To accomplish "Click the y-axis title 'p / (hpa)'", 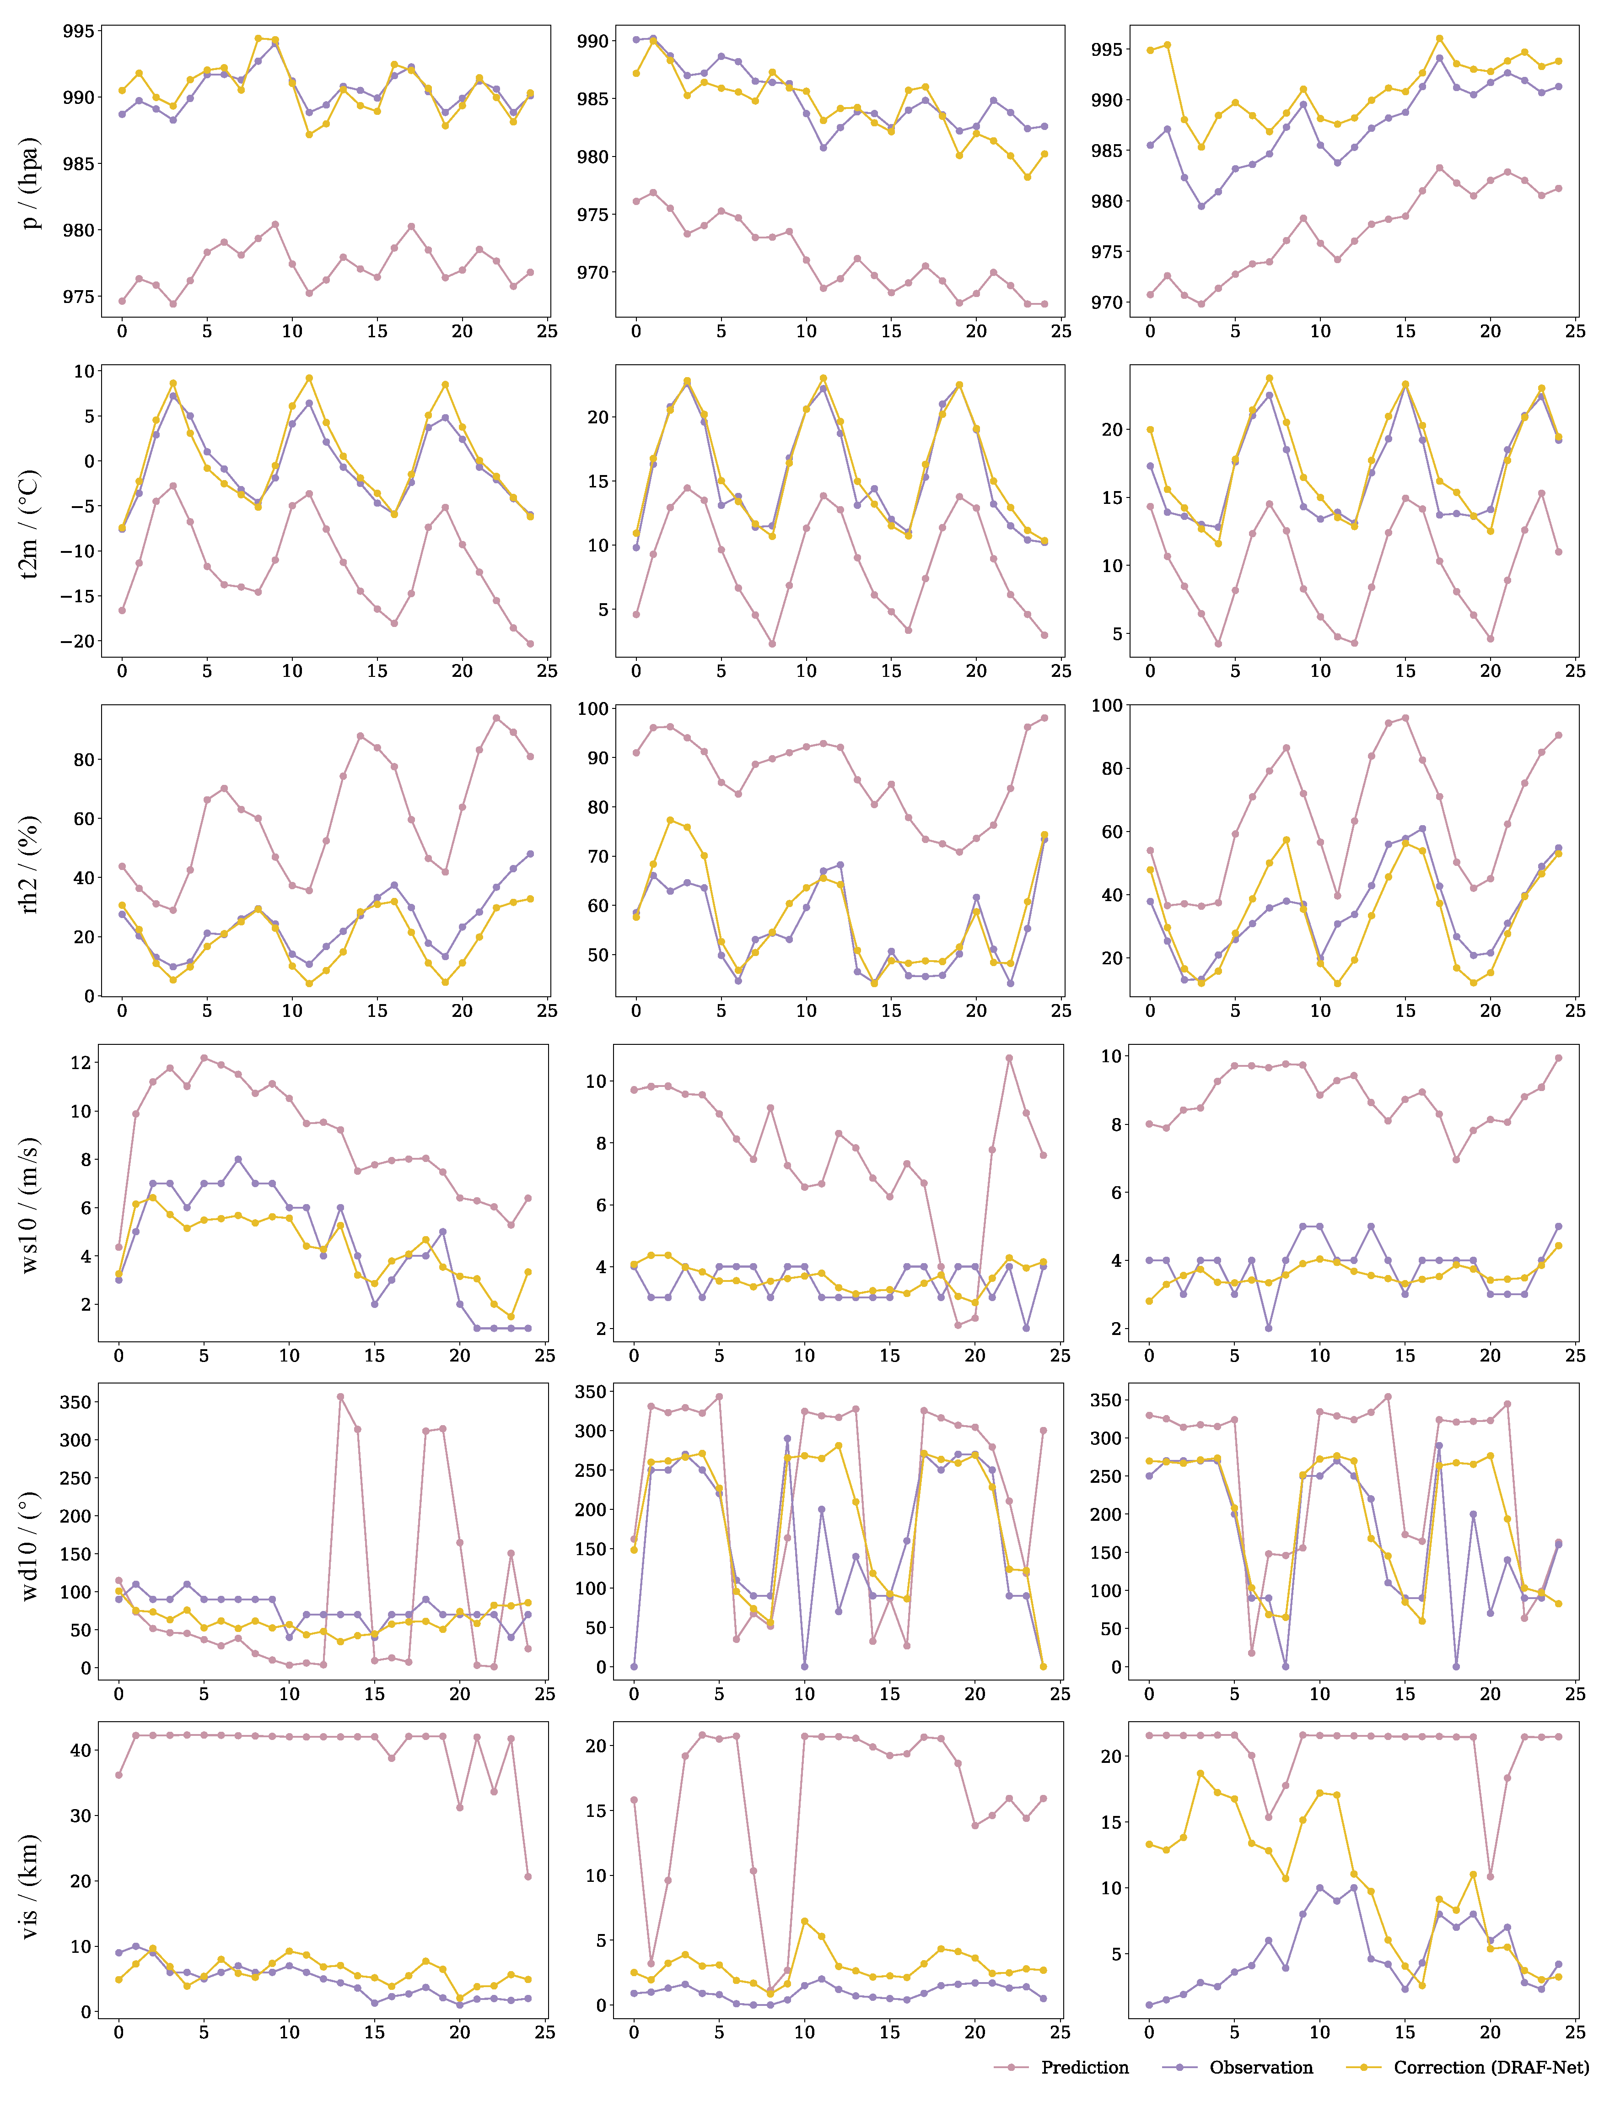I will (x=31, y=183).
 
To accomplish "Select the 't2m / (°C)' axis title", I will (x=31, y=524).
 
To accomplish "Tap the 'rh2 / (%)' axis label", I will (x=31, y=864).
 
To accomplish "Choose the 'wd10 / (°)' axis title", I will (x=31, y=1545).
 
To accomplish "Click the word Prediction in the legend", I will (x=1084, y=2067).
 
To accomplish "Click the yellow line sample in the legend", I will (x=1363, y=2067).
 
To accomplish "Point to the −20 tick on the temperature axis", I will (x=75, y=641).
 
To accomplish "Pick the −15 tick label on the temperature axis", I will (x=75, y=596).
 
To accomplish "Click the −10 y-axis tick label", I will (x=75, y=551).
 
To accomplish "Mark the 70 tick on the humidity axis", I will (x=598, y=856).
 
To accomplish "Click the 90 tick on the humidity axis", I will (x=598, y=758).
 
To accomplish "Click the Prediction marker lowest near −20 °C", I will (x=530, y=644).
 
